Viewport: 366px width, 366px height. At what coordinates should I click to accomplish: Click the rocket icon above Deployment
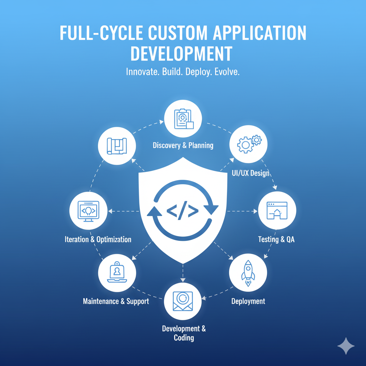click(x=248, y=274)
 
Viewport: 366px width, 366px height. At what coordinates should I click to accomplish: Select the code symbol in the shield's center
click(x=183, y=211)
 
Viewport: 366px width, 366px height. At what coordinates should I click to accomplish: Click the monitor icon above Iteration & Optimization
click(x=88, y=211)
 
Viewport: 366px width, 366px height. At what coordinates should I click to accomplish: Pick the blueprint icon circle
click(x=117, y=147)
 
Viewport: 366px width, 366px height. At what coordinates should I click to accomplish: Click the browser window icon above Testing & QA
click(x=277, y=211)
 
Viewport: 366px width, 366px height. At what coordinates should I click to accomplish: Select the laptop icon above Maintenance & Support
click(x=117, y=272)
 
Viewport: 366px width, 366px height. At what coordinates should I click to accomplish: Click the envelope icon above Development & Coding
click(x=183, y=301)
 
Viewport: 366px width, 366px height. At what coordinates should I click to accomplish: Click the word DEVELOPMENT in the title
click(x=181, y=53)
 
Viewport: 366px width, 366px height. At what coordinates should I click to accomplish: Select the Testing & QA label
click(x=276, y=239)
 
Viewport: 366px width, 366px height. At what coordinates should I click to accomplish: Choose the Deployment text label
click(x=248, y=301)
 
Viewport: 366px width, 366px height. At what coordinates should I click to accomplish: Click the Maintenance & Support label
click(x=116, y=301)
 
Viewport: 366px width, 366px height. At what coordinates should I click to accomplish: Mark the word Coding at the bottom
click(x=184, y=338)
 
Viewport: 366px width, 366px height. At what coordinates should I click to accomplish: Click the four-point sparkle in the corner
click(x=346, y=346)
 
